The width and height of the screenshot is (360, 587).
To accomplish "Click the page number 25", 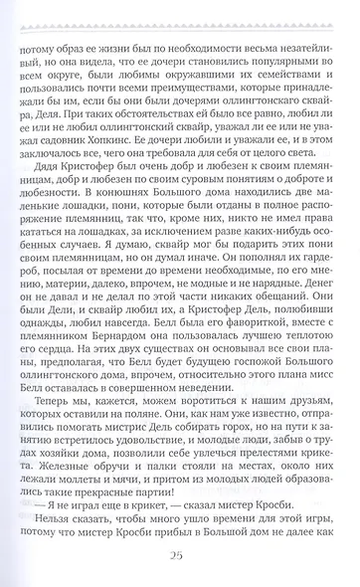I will (179, 554).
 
